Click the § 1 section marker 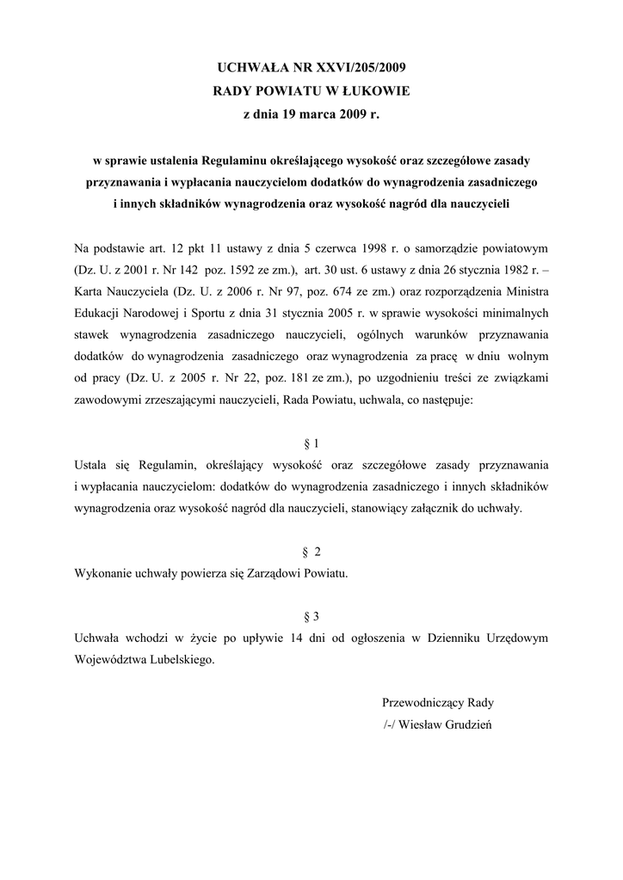tap(311, 443)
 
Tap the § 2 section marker tap(311, 551)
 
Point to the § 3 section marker tap(311, 616)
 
